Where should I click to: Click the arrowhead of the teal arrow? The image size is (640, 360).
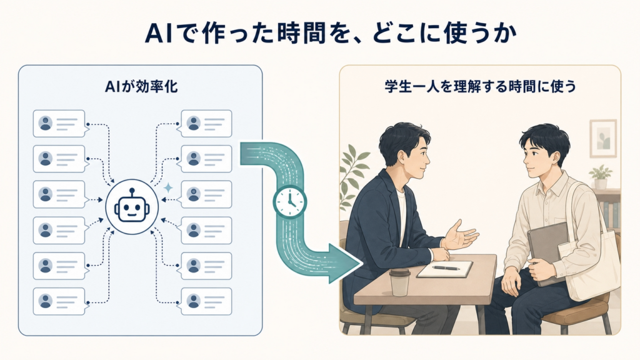pyautogui.click(x=345, y=263)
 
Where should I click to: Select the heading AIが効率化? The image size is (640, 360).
pyautogui.click(x=141, y=87)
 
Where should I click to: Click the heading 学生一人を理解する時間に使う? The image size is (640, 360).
pyautogui.click(x=480, y=86)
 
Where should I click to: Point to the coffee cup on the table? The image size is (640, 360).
pyautogui.click(x=399, y=282)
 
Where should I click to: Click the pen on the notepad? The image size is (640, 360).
pyautogui.click(x=446, y=267)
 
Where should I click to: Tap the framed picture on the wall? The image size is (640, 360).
pyautogui.click(x=603, y=138)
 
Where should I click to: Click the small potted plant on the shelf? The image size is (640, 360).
pyautogui.click(x=601, y=177)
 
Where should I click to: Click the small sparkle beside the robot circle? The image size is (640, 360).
pyautogui.click(x=167, y=188)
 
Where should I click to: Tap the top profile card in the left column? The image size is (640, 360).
pyautogui.click(x=59, y=123)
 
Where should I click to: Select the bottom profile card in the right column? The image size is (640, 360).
pyautogui.click(x=206, y=301)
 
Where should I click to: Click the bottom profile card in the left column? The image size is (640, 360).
pyautogui.click(x=59, y=301)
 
